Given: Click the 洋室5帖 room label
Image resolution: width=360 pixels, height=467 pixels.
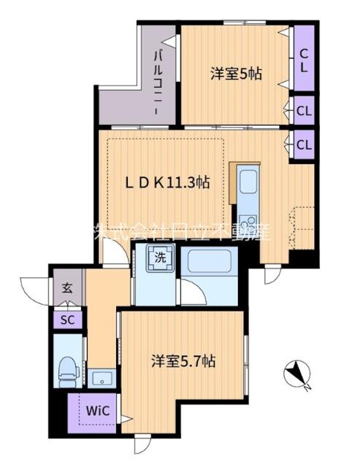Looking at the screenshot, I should point(236,73).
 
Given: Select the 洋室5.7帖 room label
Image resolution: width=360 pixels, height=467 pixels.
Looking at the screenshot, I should point(183,360).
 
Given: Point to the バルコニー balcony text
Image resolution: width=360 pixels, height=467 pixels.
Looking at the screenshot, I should point(156,80).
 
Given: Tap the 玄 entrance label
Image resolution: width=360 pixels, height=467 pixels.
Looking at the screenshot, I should point(66,288).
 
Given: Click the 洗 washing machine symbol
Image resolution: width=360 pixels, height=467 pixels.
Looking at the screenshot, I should point(160,258).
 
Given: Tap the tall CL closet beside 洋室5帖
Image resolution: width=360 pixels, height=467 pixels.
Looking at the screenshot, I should point(303,57).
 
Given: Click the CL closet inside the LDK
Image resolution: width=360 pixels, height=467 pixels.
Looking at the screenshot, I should point(303,144).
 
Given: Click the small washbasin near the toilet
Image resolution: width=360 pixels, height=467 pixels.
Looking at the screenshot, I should point(101,377).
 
